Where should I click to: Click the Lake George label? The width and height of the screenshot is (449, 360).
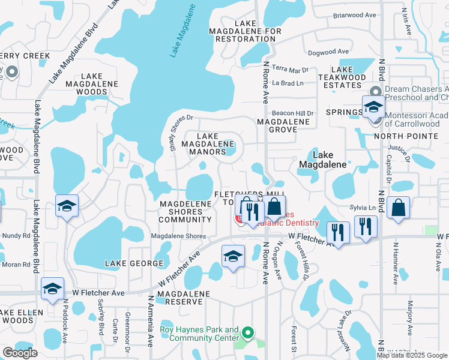click(134, 263)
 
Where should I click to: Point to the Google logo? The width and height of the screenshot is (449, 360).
click(20, 353)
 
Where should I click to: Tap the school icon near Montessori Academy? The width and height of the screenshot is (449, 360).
click(373, 108)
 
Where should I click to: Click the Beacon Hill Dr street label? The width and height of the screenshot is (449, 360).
click(293, 113)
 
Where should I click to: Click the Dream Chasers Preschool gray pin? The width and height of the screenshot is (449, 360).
click(376, 92)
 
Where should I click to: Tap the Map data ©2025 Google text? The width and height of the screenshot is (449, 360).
click(412, 355)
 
